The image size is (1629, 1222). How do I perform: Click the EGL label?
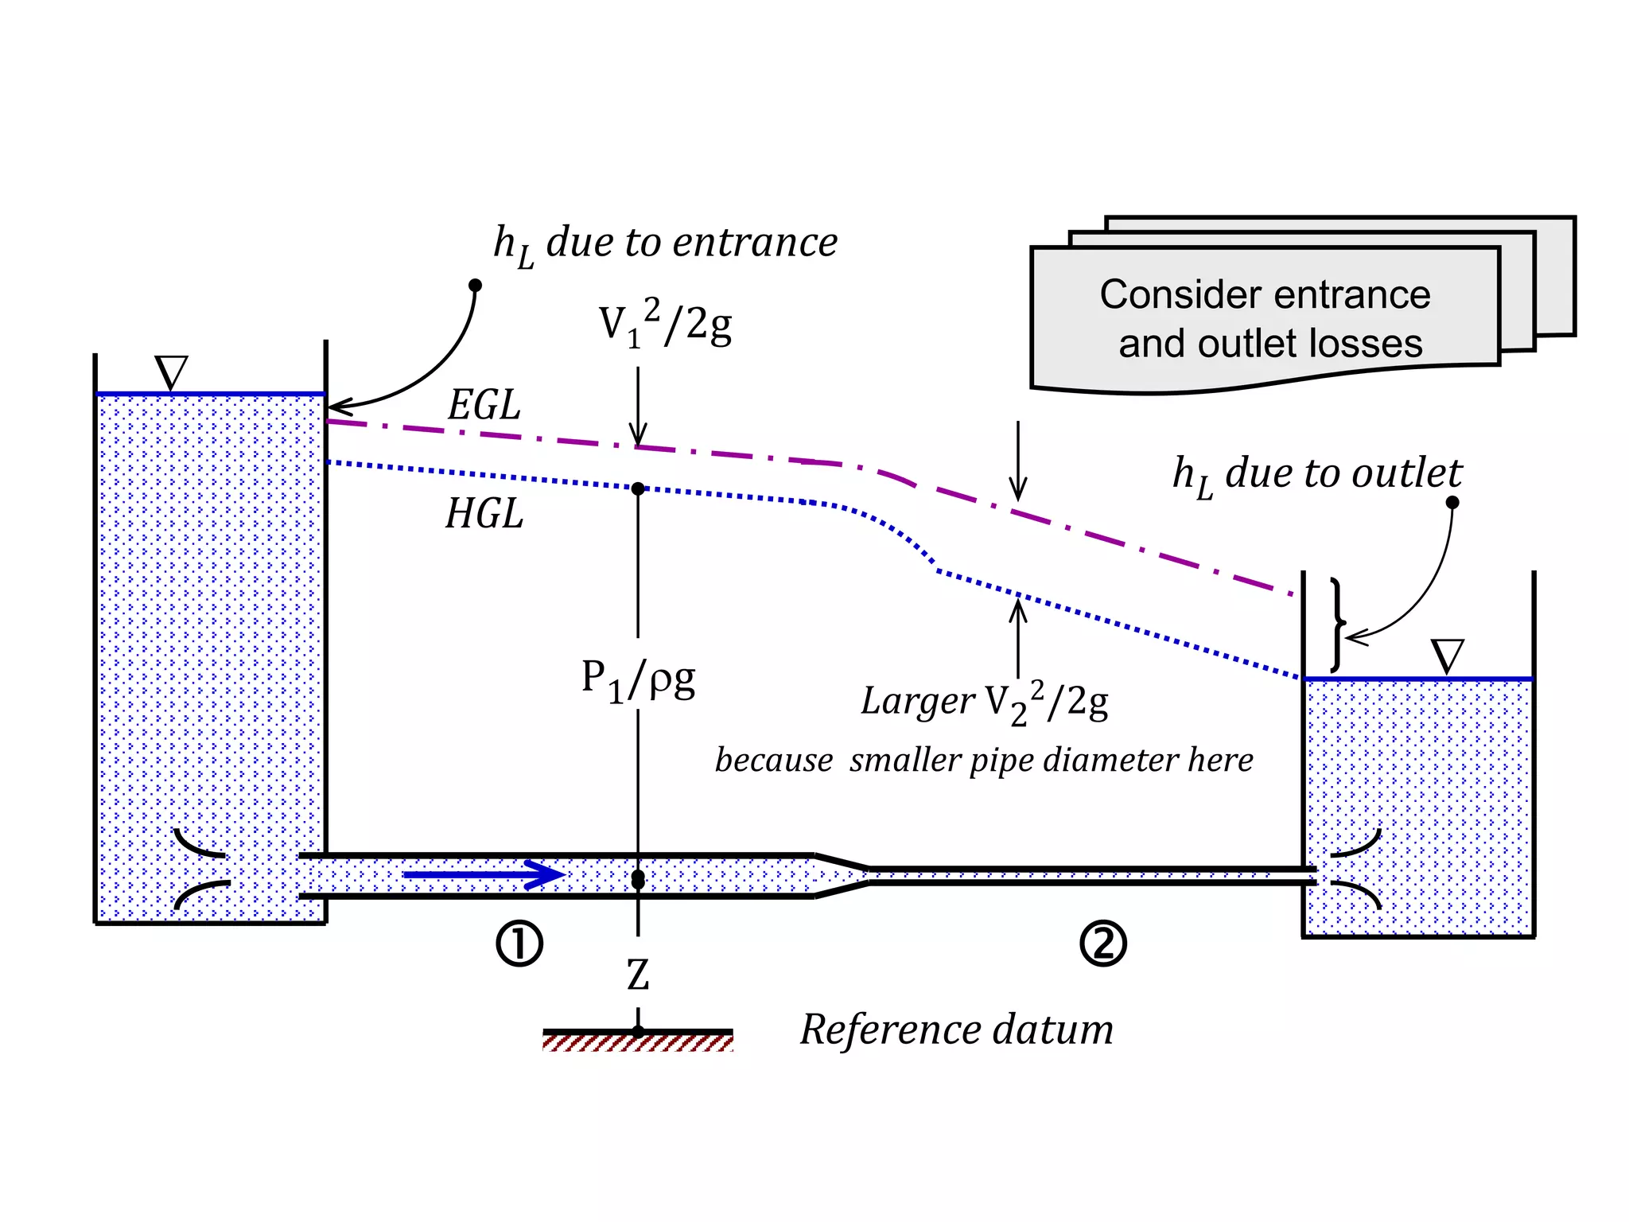pyautogui.click(x=484, y=405)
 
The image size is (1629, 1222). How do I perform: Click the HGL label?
pyautogui.click(x=484, y=514)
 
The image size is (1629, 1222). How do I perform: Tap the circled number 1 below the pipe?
pyautogui.click(x=519, y=944)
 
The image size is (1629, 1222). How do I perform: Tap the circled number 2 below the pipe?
pyautogui.click(x=1103, y=944)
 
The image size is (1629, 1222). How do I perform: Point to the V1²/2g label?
pyautogui.click(x=665, y=324)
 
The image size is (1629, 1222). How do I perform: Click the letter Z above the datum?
pyautogui.click(x=638, y=975)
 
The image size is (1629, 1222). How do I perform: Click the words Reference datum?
pyautogui.click(x=956, y=1029)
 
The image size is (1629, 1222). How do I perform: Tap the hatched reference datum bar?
pyautogui.click(x=638, y=1041)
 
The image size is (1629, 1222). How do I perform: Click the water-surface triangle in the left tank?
pyautogui.click(x=171, y=372)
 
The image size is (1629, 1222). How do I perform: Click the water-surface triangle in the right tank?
pyautogui.click(x=1447, y=656)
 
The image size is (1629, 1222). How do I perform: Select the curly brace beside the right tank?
pyautogui.click(x=1339, y=625)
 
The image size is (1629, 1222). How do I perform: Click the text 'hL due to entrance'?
pyautogui.click(x=665, y=243)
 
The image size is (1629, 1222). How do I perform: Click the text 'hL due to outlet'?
pyautogui.click(x=1317, y=475)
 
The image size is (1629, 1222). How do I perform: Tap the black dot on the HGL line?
pyautogui.click(x=638, y=488)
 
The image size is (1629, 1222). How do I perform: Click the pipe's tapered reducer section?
pyautogui.click(x=842, y=876)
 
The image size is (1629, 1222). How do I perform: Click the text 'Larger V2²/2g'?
pyautogui.click(x=985, y=702)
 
